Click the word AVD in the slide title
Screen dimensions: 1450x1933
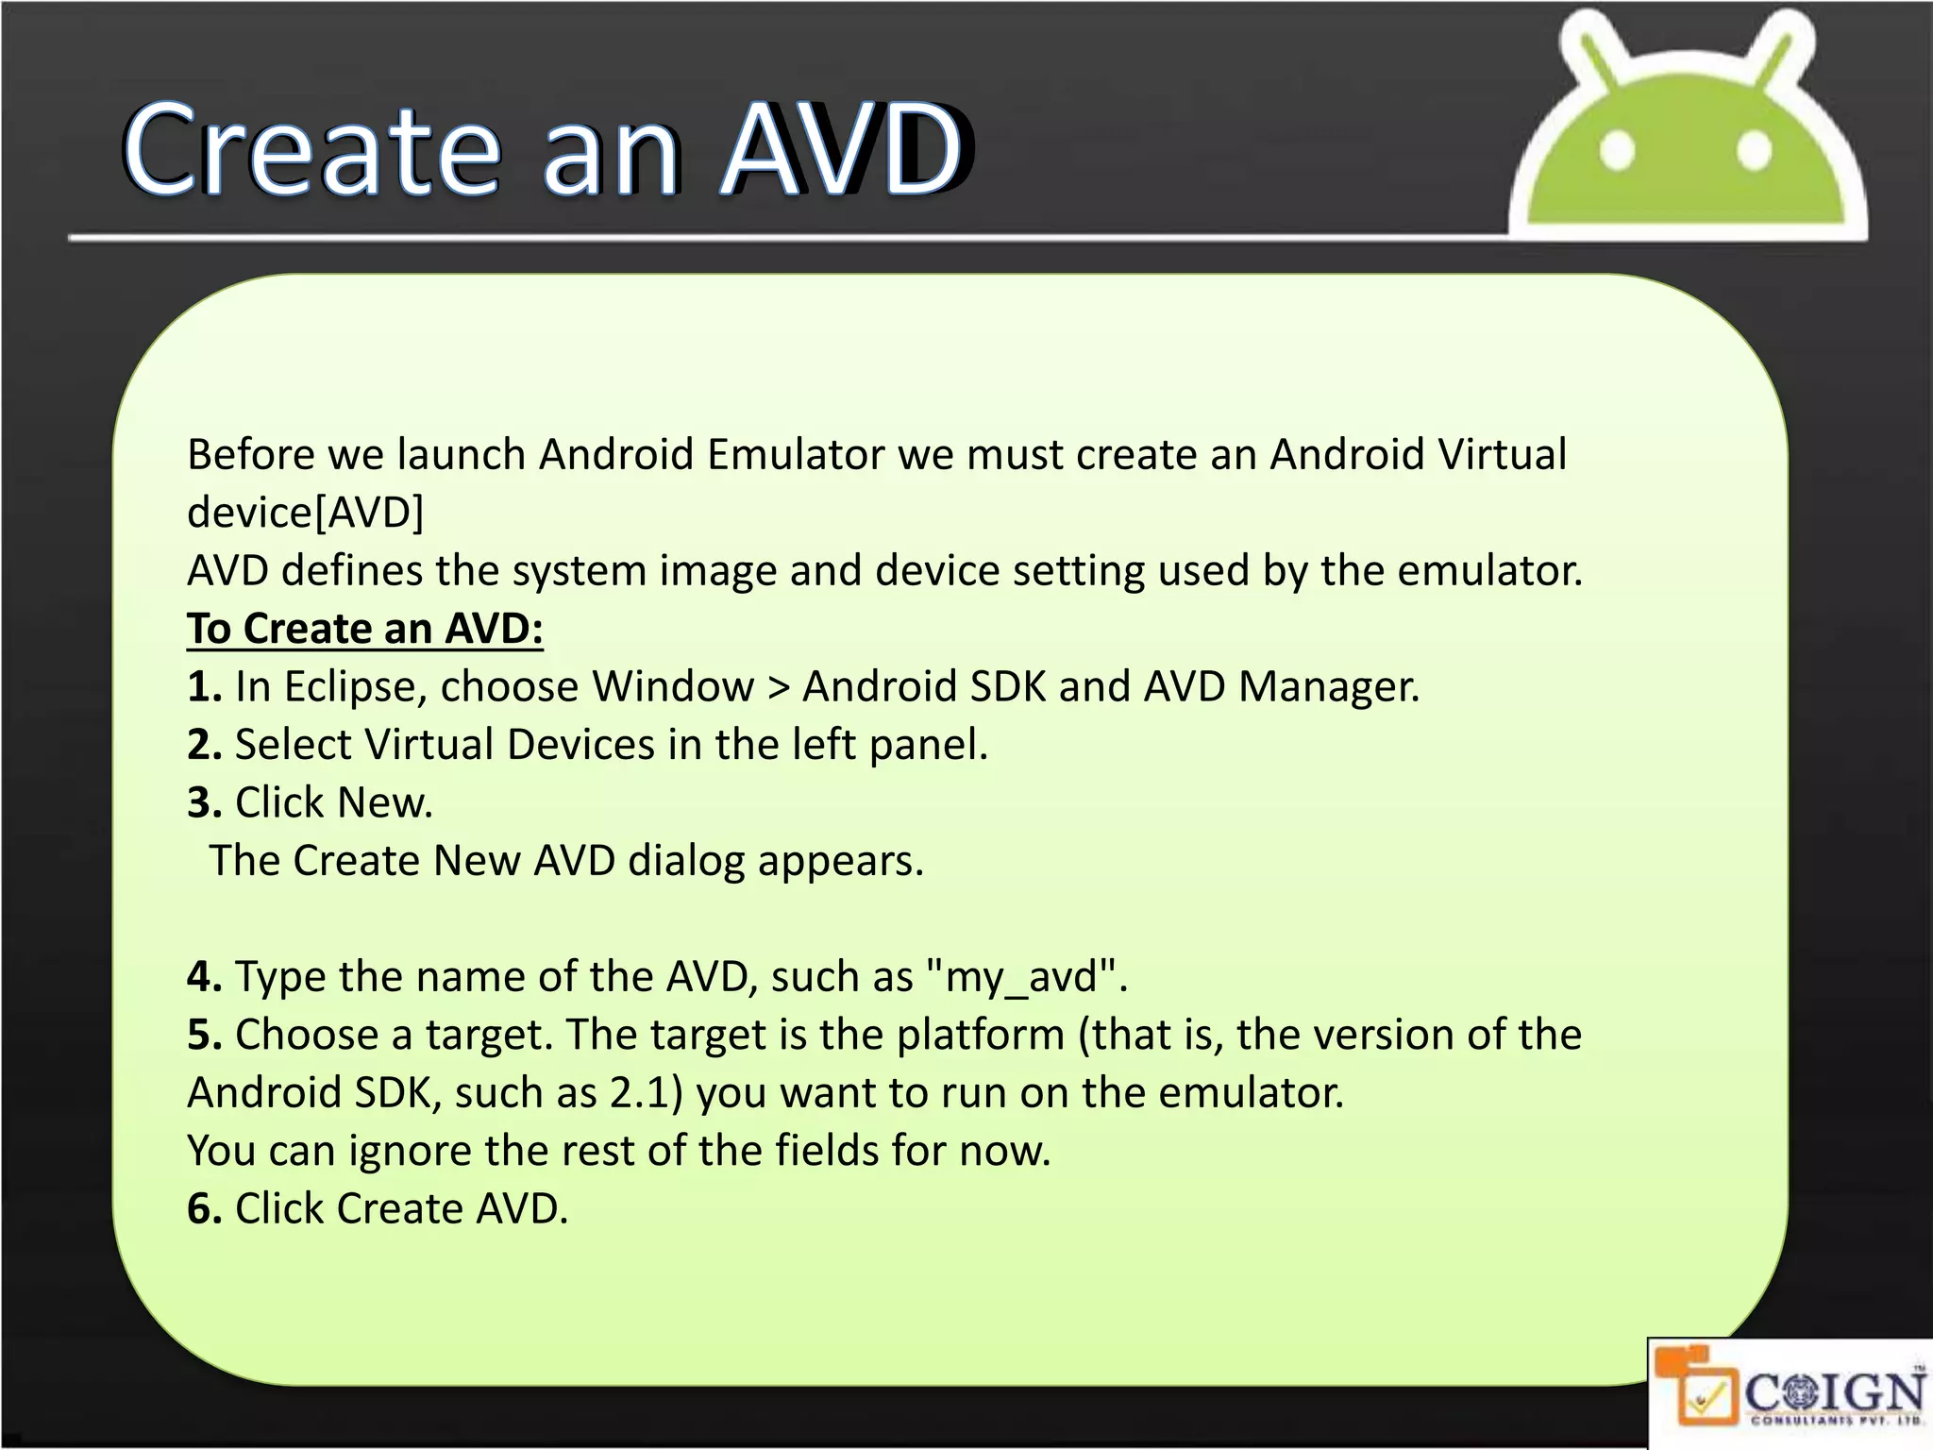(843, 151)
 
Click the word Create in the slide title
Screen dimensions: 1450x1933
(311, 151)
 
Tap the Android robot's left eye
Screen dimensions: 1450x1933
(1617, 151)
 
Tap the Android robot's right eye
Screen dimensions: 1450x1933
(1754, 151)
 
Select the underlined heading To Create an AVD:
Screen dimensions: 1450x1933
(364, 629)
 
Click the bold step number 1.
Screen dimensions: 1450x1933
(203, 686)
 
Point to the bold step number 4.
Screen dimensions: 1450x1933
(203, 977)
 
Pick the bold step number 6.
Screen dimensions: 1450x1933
(203, 1209)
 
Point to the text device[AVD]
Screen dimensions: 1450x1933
(305, 513)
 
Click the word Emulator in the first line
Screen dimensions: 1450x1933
(796, 455)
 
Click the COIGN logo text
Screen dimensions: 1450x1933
(1834, 1391)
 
